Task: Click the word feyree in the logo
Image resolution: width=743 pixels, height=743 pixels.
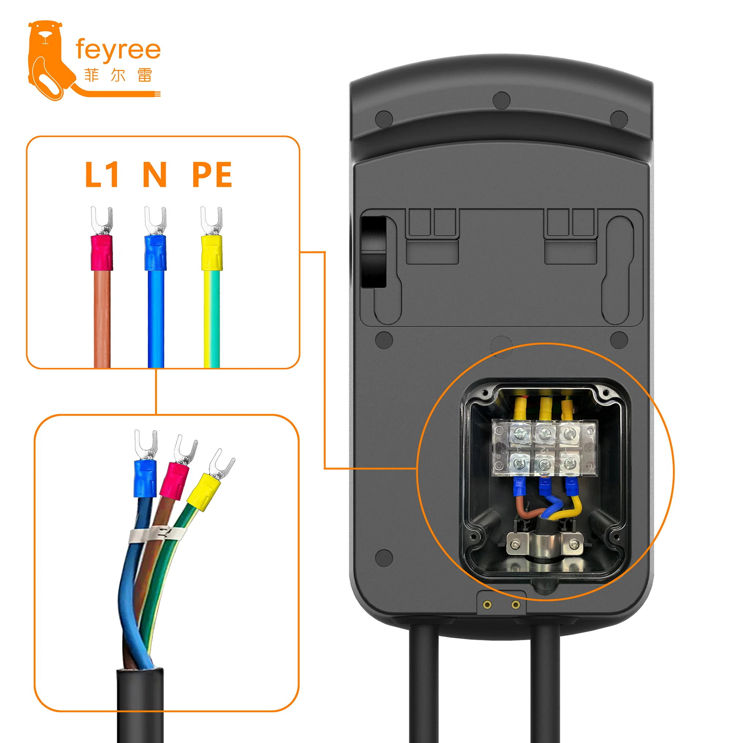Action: pos(118,50)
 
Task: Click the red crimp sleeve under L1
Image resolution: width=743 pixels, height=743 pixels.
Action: pos(102,253)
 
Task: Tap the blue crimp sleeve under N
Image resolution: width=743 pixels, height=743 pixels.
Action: pos(155,253)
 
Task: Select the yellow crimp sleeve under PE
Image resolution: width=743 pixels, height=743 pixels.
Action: pos(211,253)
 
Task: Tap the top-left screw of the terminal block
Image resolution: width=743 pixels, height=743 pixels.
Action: pos(520,434)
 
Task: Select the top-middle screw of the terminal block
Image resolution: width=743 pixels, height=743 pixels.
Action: pos(545,434)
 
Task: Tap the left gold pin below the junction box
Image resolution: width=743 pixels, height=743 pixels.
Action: pos(487,605)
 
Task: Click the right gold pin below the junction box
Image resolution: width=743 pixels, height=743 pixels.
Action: pos(516,605)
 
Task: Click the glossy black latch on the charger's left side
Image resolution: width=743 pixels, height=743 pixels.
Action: pos(373,252)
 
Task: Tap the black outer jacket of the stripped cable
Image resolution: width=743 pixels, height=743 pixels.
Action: pos(140,704)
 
